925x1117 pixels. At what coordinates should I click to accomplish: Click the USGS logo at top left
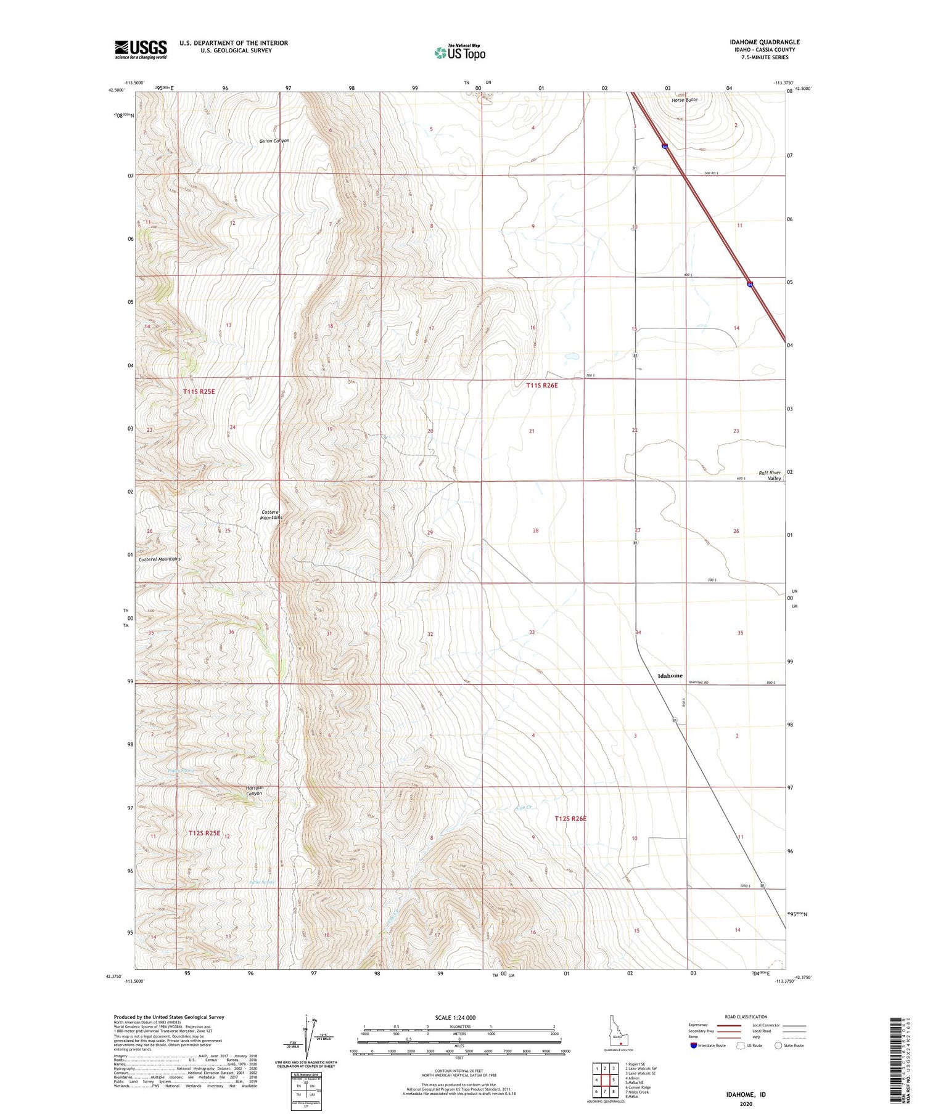coord(141,49)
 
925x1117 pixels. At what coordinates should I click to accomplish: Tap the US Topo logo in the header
coord(460,53)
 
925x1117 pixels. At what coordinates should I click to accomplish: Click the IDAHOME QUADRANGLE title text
coord(764,42)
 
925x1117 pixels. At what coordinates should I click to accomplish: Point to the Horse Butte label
coord(684,99)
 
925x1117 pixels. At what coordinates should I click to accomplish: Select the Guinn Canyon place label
coord(274,140)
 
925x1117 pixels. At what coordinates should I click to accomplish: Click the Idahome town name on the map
coord(670,675)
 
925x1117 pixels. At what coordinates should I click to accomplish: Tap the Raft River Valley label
coord(769,475)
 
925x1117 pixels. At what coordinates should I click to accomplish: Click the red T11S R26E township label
coord(542,385)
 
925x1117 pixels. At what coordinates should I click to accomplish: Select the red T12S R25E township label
coord(204,833)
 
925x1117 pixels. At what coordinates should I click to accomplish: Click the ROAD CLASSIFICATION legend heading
coord(746,1017)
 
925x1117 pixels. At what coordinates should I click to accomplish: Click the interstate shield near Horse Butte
coord(664,146)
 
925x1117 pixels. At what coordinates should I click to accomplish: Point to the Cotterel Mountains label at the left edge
coord(160,559)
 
